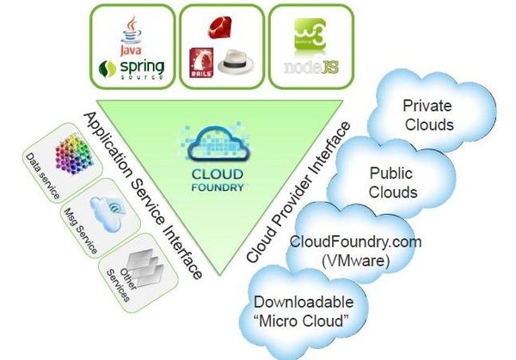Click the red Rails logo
point(203,65)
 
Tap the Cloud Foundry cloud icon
point(210,141)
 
